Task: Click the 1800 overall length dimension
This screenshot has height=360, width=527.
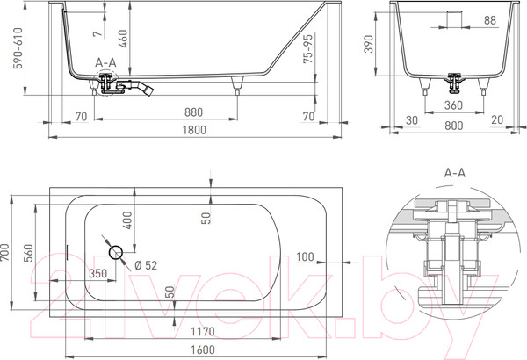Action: coord(194,130)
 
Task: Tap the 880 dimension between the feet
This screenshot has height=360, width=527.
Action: coord(193,112)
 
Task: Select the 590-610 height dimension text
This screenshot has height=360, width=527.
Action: coord(18,48)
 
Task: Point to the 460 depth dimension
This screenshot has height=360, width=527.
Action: coord(123,39)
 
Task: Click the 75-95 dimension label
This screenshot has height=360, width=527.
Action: coord(308,49)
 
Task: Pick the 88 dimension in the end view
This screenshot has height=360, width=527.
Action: coord(490,20)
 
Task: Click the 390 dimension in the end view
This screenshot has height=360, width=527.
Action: coord(369,44)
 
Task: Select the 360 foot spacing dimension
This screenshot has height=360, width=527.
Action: coord(453,105)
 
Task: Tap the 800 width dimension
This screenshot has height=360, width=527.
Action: coord(454,126)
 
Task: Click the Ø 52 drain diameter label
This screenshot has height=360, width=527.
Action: coord(146,265)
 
